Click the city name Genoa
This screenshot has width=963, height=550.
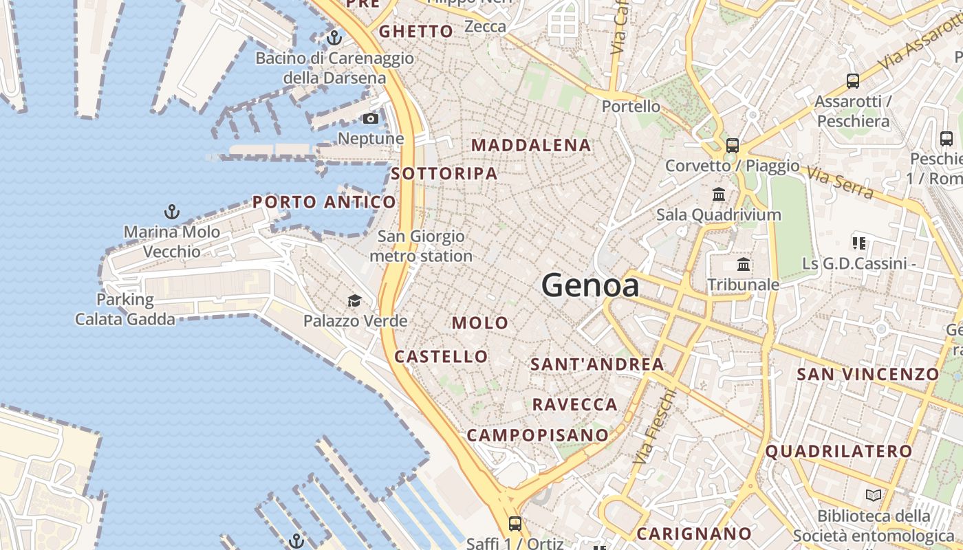point(590,285)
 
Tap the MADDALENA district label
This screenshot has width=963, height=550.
point(531,146)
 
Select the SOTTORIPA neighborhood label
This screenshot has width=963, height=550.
point(444,174)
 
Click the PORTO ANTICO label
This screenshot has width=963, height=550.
point(324,202)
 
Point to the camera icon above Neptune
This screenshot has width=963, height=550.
point(371,119)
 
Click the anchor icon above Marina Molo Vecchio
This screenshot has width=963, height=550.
point(172,212)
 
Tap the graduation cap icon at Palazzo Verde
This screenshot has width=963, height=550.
point(354,300)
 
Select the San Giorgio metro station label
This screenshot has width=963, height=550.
point(421,247)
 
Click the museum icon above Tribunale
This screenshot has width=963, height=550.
point(744,264)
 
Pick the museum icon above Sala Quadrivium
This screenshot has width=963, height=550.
point(719,194)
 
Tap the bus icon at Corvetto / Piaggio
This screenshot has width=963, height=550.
point(733,145)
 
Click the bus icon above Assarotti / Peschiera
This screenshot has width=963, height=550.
point(853,81)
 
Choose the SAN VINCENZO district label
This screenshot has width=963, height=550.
point(867,375)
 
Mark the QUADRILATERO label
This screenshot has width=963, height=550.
point(838,452)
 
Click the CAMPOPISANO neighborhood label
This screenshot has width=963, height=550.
point(538,435)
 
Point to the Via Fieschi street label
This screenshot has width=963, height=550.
point(653,426)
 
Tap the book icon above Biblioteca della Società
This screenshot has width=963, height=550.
point(874,495)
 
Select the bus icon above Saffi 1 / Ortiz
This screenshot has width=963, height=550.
point(515,524)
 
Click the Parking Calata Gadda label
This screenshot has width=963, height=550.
point(125,309)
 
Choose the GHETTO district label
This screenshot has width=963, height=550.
point(416,32)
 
